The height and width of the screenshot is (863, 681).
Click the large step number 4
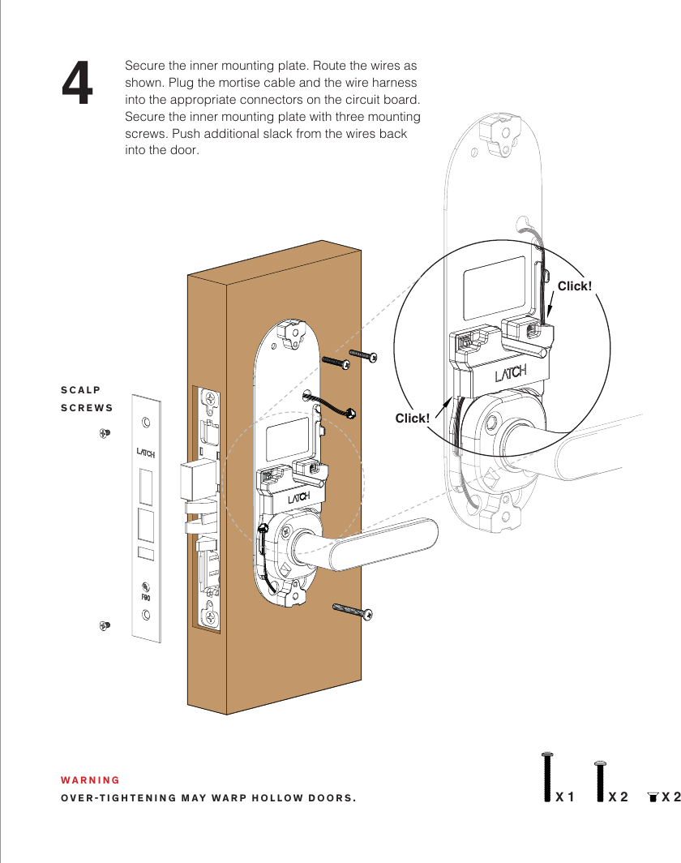78,85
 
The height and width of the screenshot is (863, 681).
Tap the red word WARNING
90,780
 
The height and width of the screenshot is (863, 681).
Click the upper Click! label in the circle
574,286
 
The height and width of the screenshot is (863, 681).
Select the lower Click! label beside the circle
412,418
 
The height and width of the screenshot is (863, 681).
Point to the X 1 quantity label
564,796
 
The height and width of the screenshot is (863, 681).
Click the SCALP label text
81,390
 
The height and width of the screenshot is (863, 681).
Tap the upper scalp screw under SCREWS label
104,434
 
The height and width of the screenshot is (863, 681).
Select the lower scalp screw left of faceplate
104,625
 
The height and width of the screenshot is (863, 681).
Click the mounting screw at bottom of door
353,610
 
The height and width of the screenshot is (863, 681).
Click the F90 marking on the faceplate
146,597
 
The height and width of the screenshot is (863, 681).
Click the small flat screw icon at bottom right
653,797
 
